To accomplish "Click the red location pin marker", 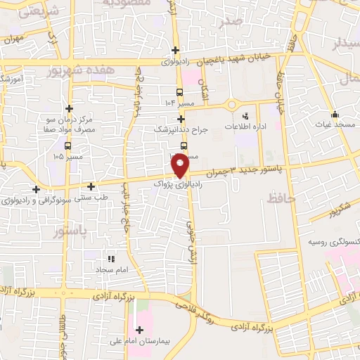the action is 181,165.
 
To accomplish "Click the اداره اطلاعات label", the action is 245,127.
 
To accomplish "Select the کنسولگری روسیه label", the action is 333,241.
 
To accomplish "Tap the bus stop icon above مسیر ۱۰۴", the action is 179,92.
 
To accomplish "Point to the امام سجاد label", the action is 110,269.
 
